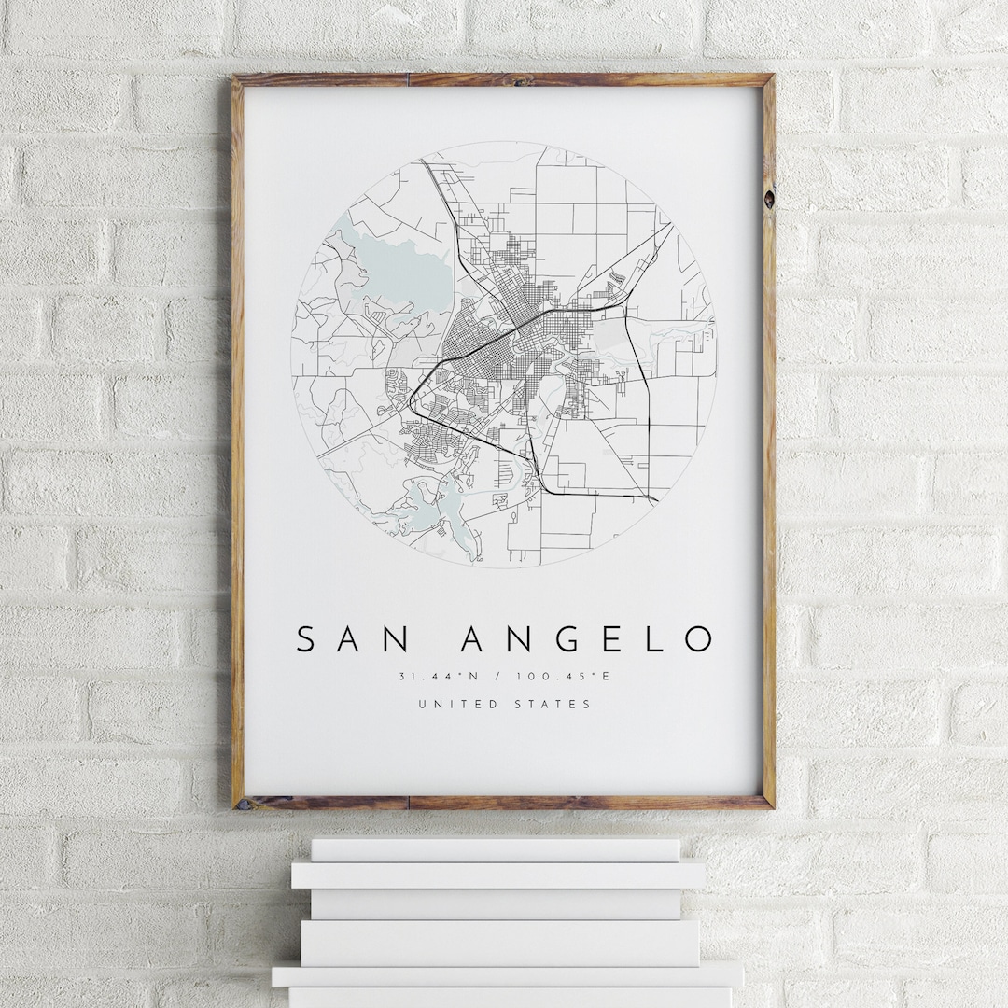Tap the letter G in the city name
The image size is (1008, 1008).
pyautogui.click(x=567, y=639)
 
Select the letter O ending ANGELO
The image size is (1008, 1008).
pyautogui.click(x=698, y=639)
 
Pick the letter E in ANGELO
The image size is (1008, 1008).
pyautogui.click(x=613, y=639)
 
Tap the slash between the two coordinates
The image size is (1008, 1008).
pyautogui.click(x=499, y=677)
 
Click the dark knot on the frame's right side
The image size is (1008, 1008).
pyautogui.click(x=768, y=198)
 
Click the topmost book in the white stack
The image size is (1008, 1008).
pyautogui.click(x=495, y=849)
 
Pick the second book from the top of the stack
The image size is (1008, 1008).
pyautogui.click(x=497, y=875)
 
